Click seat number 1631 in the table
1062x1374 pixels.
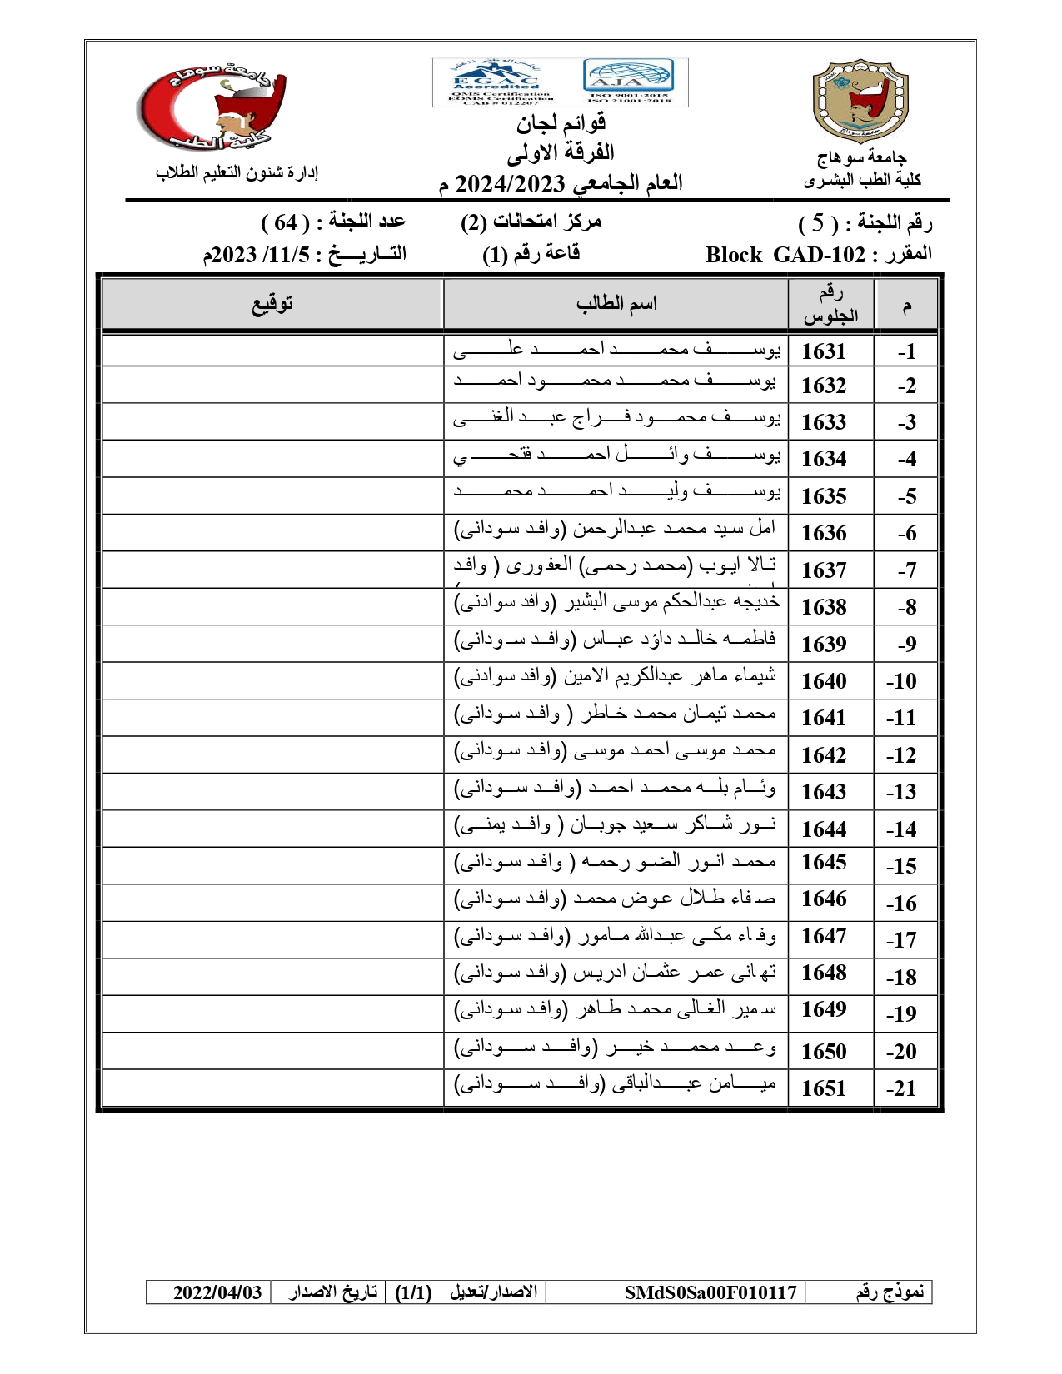tap(823, 351)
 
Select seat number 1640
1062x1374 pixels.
tap(823, 681)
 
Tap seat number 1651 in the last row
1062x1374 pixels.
tap(823, 1088)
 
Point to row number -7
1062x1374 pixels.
tap(906, 570)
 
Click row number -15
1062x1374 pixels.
tap(901, 866)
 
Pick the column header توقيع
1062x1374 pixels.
tap(272, 304)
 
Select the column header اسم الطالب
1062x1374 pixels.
tap(616, 304)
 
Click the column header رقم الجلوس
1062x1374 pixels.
tap(830, 304)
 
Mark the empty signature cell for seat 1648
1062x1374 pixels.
tap(272, 976)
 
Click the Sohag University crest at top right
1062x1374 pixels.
tap(860, 100)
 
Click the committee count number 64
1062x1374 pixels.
tap(286, 222)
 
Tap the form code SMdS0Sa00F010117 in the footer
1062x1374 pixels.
tap(710, 1292)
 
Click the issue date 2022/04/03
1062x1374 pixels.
tap(217, 1292)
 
